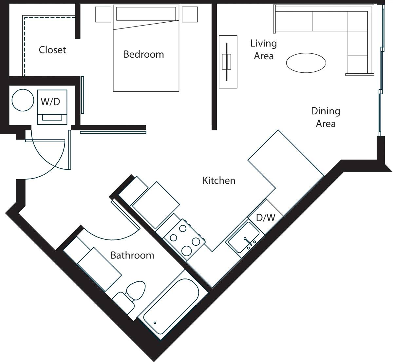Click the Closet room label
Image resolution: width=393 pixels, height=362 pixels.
pyautogui.click(x=52, y=50)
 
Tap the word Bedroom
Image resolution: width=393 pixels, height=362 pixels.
pyautogui.click(x=143, y=54)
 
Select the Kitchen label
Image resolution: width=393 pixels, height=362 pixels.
pyautogui.click(x=219, y=180)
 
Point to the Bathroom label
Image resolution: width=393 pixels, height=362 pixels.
pyautogui.click(x=132, y=255)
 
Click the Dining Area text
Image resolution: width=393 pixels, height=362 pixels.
pyautogui.click(x=326, y=117)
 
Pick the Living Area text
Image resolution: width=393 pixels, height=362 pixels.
pyautogui.click(x=264, y=49)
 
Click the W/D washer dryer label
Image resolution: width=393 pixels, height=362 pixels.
pyautogui.click(x=50, y=102)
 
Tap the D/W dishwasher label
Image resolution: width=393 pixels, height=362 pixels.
pyautogui.click(x=265, y=217)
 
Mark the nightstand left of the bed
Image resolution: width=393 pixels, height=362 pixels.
pyautogui.click(x=103, y=14)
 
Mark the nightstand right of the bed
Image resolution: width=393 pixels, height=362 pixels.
pyautogui.click(x=190, y=14)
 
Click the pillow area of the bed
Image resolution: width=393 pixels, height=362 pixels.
pyautogui.click(x=146, y=14)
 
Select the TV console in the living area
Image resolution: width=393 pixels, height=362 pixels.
pyautogui.click(x=228, y=62)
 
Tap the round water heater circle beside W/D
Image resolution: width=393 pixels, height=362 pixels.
pyautogui.click(x=23, y=100)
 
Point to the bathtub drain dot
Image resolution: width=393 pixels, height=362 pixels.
pyautogui.click(x=155, y=323)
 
